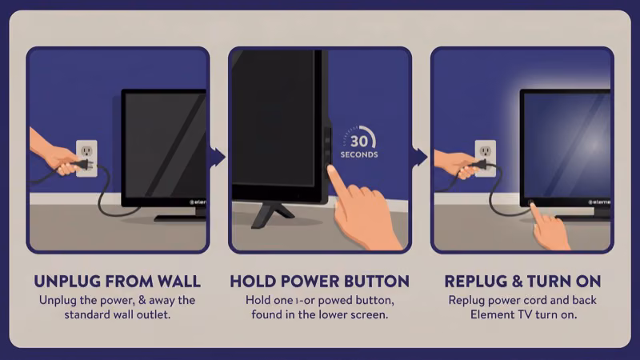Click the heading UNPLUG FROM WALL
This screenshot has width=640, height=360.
[x=117, y=281]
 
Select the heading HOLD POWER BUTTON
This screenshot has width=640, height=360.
[x=319, y=281]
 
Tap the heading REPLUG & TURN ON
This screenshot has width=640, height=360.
[x=522, y=281]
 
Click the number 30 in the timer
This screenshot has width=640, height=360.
[x=358, y=137]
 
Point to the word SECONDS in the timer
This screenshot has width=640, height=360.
[x=358, y=154]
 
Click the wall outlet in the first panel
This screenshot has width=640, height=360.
[x=86, y=158]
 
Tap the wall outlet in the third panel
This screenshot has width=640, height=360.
[x=486, y=158]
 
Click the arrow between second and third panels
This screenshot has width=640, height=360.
[x=421, y=157]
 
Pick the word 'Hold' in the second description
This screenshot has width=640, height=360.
[x=258, y=300]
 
